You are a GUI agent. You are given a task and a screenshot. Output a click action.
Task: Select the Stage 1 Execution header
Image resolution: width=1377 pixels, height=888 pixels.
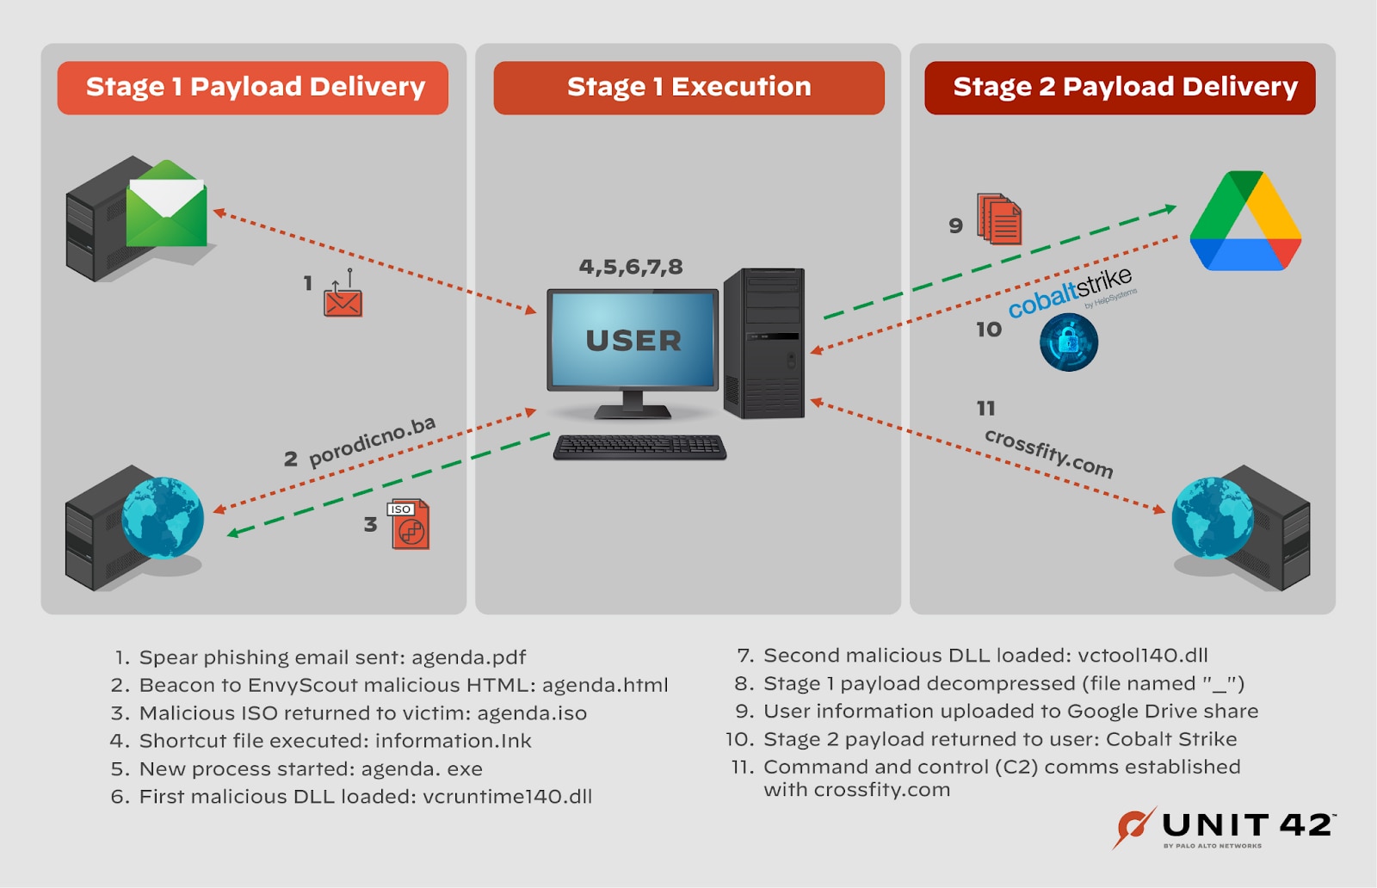[x=688, y=87]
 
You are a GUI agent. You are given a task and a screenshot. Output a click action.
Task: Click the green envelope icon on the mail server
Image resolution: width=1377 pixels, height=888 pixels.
[x=166, y=205]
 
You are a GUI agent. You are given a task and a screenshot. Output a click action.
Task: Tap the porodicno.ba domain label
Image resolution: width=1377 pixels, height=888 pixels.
[x=372, y=441]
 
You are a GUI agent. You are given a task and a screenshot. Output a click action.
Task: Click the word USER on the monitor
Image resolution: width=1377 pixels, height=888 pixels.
[x=633, y=341]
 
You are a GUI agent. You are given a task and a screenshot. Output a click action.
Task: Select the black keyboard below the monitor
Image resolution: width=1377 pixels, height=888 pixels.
[x=639, y=447]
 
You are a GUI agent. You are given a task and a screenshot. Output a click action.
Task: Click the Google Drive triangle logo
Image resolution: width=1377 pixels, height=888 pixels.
[x=1244, y=222]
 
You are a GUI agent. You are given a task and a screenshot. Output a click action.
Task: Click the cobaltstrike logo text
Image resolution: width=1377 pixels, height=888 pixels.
[x=1071, y=293]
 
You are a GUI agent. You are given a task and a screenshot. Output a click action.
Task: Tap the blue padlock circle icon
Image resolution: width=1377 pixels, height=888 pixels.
[x=1068, y=342]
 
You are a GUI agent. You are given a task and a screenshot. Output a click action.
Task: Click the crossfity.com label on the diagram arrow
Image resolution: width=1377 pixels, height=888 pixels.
[x=1048, y=453]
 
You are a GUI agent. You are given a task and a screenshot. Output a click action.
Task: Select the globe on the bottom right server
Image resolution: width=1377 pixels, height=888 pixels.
[x=1212, y=518]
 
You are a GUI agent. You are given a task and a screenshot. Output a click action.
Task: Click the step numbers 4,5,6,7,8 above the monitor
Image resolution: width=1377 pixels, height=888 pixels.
[x=631, y=267]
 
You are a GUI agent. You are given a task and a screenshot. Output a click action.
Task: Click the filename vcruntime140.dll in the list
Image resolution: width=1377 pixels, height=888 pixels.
[x=507, y=797]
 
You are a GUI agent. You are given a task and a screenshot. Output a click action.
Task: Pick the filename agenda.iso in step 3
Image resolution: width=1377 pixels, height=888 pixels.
[x=532, y=713]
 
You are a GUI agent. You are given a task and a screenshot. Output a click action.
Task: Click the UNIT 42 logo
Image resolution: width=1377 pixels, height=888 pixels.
[x=1223, y=828]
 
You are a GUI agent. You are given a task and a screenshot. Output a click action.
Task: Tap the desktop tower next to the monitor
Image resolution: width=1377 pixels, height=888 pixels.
[x=764, y=343]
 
